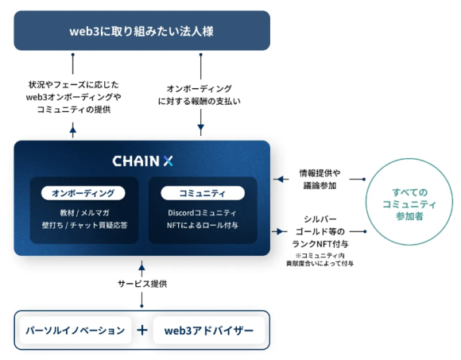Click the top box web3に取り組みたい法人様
tap(141, 30)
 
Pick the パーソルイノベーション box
tap(76, 330)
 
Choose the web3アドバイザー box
tap(209, 330)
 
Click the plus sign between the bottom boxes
tap(142, 330)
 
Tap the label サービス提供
tap(142, 284)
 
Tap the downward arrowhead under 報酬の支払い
tap(200, 127)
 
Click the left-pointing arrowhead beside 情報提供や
tap(277, 179)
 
